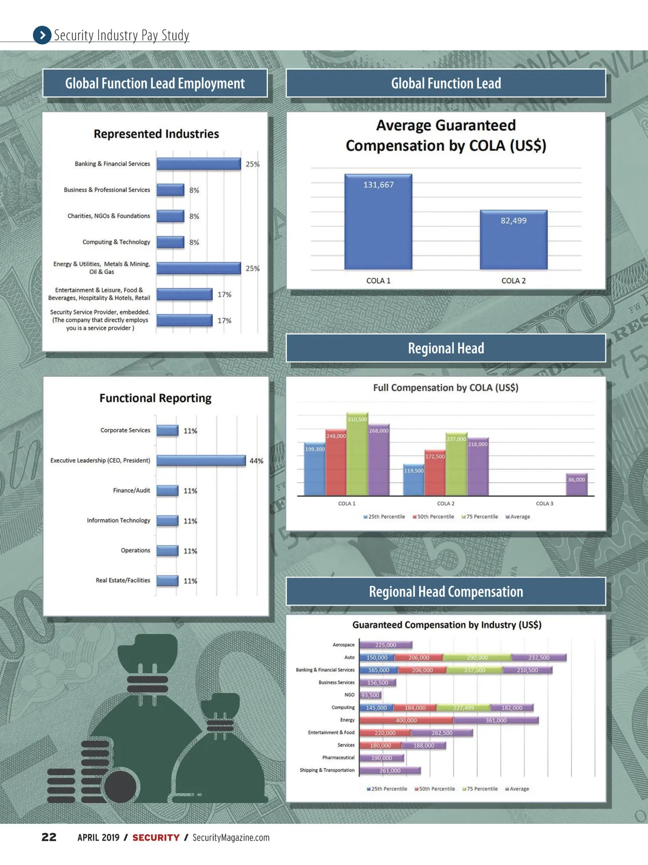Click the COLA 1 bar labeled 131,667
point(378,222)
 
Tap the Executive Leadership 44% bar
point(201,461)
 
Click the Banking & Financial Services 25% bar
point(198,164)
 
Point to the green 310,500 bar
point(357,454)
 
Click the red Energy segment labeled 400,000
point(406,720)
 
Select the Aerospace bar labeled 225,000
point(386,645)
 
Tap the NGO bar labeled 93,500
point(370,695)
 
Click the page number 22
point(49,837)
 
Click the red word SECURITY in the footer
point(156,837)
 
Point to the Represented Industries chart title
point(156,134)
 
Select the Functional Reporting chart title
point(156,398)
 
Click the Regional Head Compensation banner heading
point(446,591)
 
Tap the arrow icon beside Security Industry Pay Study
point(42,35)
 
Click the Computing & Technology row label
point(116,242)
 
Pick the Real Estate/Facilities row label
point(123,581)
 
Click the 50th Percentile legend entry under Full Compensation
point(433,517)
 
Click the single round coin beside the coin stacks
point(120,787)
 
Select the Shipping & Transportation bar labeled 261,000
point(390,770)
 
